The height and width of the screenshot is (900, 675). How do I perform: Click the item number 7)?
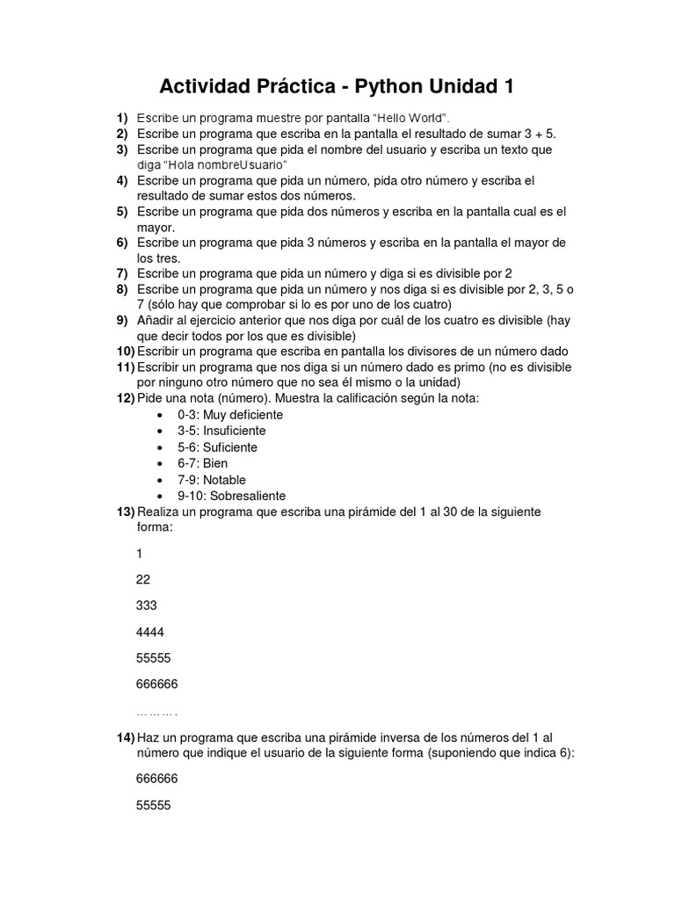(122, 273)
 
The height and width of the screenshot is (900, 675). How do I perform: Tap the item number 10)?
(125, 351)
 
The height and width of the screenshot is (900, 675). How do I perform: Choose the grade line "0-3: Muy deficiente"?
(218, 415)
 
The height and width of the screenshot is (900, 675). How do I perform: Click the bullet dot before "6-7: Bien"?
(159, 463)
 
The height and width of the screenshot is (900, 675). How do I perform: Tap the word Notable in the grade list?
(224, 480)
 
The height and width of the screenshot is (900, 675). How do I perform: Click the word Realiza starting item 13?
(158, 512)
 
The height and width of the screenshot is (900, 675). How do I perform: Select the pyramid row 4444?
(149, 632)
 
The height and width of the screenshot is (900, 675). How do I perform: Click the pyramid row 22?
(143, 580)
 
